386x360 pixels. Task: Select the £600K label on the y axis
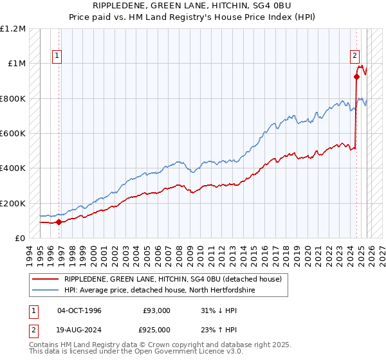point(13,134)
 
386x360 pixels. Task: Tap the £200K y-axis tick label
point(13,203)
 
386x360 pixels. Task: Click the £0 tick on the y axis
point(21,239)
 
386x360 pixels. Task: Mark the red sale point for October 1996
point(59,222)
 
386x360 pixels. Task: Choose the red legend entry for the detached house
point(172,280)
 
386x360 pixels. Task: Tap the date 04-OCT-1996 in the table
point(79,310)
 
